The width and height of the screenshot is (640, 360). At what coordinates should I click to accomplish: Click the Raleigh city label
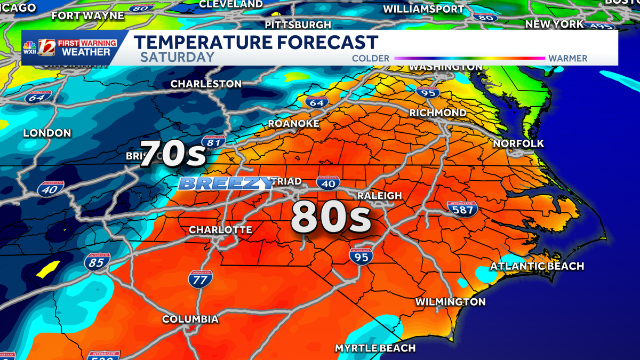[x=379, y=196]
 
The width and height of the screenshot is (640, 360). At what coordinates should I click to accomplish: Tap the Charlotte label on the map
[x=220, y=230]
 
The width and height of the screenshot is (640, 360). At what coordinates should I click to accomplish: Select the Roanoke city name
[x=293, y=124]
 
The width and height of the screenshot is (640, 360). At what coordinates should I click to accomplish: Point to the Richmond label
[x=438, y=113]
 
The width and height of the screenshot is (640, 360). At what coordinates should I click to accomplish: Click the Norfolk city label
[x=518, y=143]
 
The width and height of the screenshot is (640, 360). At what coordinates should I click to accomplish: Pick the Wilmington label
[x=451, y=302]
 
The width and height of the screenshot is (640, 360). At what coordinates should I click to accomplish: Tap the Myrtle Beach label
[x=375, y=348]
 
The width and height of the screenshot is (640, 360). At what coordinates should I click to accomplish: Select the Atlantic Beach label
[x=537, y=266]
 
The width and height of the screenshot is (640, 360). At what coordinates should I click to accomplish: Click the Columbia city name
[x=190, y=319]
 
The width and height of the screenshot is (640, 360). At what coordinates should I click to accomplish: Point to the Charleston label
[x=206, y=84]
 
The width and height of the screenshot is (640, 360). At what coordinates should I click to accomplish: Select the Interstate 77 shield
[x=201, y=278]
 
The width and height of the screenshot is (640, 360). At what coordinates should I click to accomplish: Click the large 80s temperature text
[x=331, y=218]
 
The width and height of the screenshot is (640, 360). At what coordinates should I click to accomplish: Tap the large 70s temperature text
[x=173, y=154]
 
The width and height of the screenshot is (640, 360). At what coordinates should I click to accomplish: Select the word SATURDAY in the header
[x=178, y=58]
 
